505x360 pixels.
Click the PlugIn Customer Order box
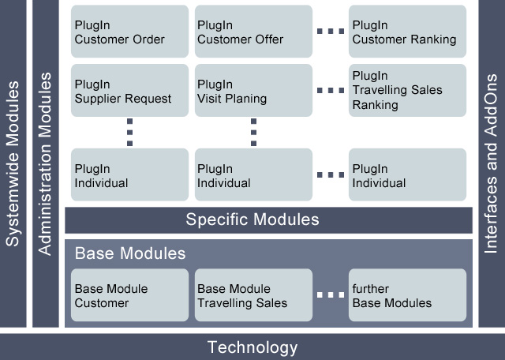pyautogui.click(x=129, y=32)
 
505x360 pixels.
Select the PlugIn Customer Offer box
pyautogui.click(x=253, y=32)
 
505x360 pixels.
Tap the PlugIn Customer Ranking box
pyautogui.click(x=407, y=32)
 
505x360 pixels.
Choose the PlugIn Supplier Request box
pyautogui.click(x=129, y=90)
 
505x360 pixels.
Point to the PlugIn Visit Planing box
pyautogui.click(x=253, y=90)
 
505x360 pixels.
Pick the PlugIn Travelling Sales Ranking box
pyautogui.click(x=407, y=90)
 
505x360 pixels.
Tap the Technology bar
pyautogui.click(x=252, y=347)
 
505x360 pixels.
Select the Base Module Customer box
pyautogui.click(x=129, y=295)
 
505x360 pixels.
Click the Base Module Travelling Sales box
pyautogui.click(x=253, y=295)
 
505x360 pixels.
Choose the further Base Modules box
pyautogui.click(x=407, y=295)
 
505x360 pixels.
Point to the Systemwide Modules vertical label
pyautogui.click(x=13, y=163)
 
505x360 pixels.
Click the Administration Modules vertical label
pyautogui.click(x=45, y=163)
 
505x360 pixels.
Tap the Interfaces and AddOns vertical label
pyautogui.click(x=491, y=163)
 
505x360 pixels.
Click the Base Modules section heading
pyautogui.click(x=130, y=253)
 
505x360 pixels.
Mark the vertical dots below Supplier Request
pyautogui.click(x=129, y=132)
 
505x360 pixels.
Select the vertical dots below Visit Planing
pyautogui.click(x=253, y=132)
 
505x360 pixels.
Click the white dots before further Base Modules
pyautogui.click(x=331, y=295)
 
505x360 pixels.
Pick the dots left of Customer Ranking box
pyautogui.click(x=331, y=32)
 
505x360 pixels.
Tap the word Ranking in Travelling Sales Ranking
pyautogui.click(x=376, y=105)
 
